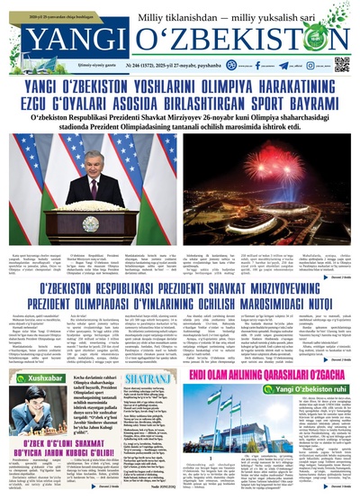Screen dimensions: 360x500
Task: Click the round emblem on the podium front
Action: point(92,223)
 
